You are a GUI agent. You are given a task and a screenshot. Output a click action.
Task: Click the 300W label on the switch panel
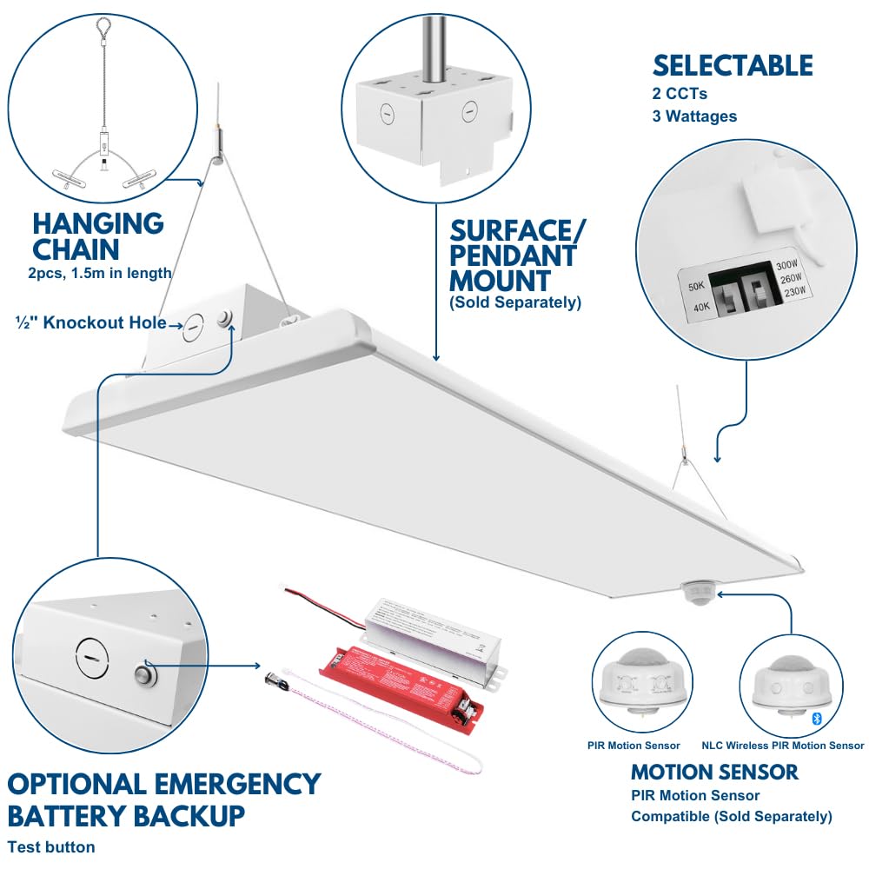786,265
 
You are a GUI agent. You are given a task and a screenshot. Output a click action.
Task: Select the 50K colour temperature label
696,286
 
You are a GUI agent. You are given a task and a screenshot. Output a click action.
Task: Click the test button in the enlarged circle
143,674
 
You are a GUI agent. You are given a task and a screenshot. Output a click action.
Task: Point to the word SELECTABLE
733,66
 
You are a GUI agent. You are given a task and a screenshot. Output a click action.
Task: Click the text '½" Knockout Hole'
90,322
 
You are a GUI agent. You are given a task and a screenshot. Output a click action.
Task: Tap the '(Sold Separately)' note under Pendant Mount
514,302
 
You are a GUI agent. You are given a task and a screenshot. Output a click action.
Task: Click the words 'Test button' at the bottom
51,846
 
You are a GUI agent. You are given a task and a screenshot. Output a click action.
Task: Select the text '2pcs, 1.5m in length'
98,273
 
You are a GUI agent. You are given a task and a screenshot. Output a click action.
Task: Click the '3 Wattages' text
694,116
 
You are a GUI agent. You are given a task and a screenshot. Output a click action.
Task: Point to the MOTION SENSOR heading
714,772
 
